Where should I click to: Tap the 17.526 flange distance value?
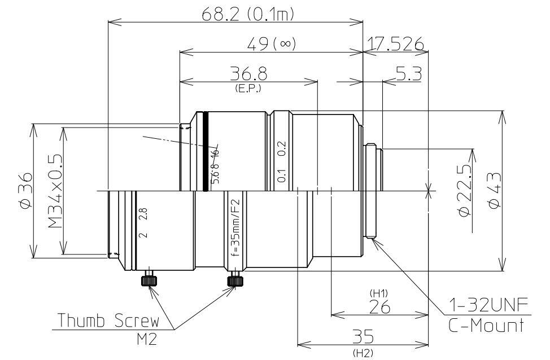coord(395,43)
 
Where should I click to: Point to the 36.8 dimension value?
coord(249,74)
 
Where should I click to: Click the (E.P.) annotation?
coord(249,88)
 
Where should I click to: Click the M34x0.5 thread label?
coord(55,192)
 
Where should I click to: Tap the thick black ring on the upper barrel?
coord(206,152)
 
